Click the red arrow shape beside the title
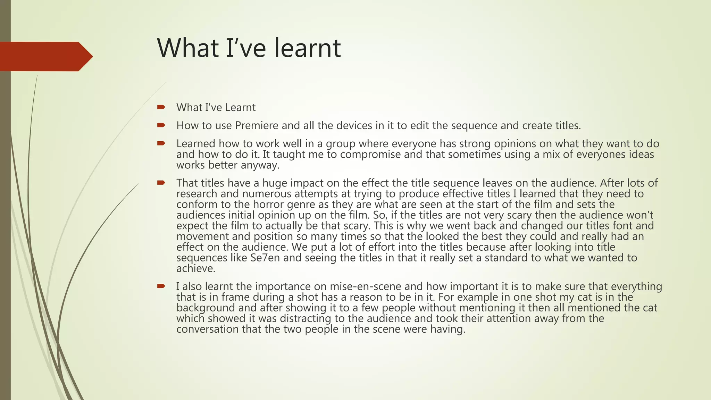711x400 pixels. click(45, 57)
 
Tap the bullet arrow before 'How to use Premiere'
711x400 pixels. click(161, 125)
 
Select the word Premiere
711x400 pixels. click(257, 125)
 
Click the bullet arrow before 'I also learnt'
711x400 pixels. click(161, 286)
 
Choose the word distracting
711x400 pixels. click(309, 318)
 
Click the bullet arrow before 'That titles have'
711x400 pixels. click(161, 183)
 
